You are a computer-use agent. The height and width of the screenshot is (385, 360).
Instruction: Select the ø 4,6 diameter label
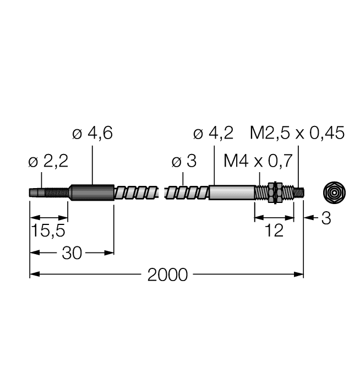click(x=92, y=134)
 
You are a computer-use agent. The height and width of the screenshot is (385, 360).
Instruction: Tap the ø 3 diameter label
click(x=183, y=162)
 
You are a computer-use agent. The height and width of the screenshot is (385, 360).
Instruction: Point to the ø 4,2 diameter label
click(x=214, y=134)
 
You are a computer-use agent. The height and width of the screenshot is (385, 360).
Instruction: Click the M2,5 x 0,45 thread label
click(x=297, y=134)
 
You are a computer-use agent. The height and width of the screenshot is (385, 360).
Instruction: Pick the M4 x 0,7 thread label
click(x=257, y=162)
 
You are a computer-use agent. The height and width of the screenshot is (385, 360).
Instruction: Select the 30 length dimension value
click(x=72, y=253)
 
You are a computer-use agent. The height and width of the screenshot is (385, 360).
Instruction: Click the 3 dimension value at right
click(x=325, y=219)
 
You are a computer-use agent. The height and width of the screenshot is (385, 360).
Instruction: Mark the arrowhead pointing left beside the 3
click(x=309, y=219)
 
